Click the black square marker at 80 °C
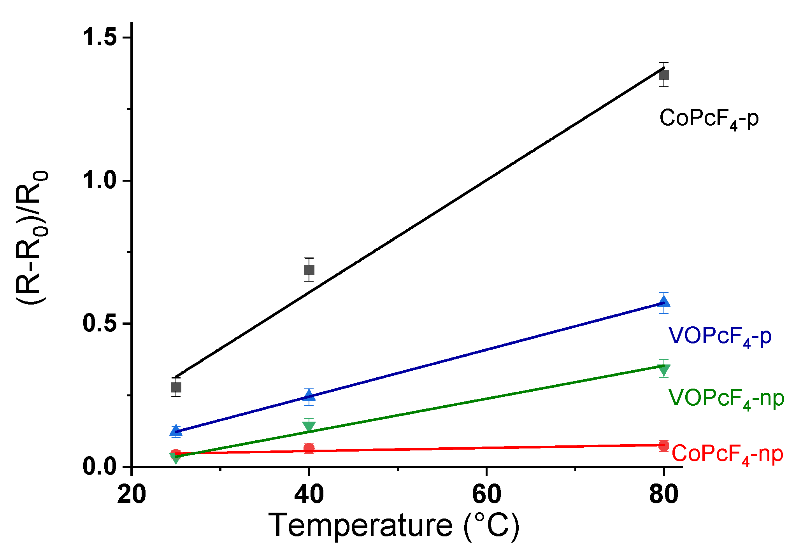pos(664,75)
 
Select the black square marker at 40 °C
pos(309,270)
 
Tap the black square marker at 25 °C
pos(176,387)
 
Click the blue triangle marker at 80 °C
pos(664,302)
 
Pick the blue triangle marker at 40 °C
pos(309,396)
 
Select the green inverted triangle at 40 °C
pos(309,426)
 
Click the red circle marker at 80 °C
pos(664,446)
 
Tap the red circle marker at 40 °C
pos(309,448)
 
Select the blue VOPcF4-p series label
pos(720,336)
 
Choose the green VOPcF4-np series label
pos(726,398)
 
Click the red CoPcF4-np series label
pos(727,454)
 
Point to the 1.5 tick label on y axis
pos(100,37)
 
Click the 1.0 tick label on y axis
pos(100,180)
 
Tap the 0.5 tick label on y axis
pos(100,324)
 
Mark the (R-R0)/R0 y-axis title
pos(32,237)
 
